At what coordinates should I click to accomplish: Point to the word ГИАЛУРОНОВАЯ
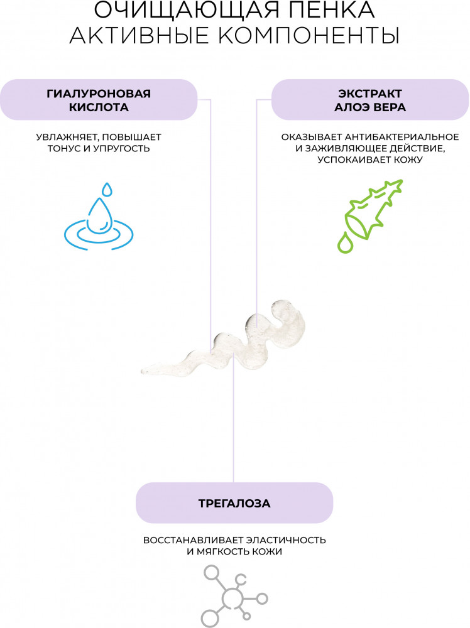point(99,94)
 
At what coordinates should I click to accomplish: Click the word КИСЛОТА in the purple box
point(99,107)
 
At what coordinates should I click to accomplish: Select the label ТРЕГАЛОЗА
point(234,503)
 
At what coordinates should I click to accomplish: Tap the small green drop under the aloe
point(345,243)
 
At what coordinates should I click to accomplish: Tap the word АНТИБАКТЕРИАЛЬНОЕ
point(398,136)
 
